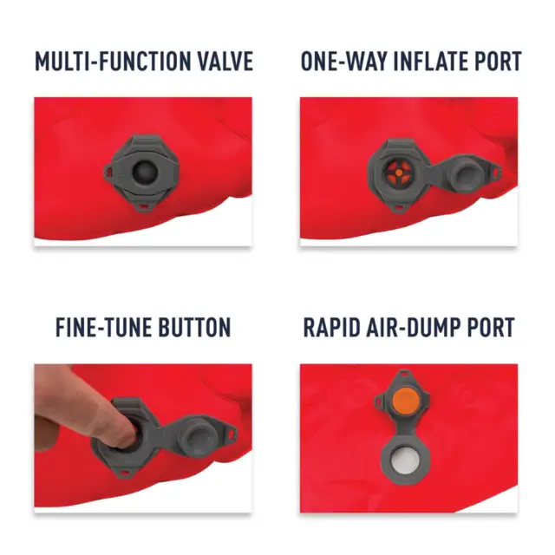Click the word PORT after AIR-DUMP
point(490,328)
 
